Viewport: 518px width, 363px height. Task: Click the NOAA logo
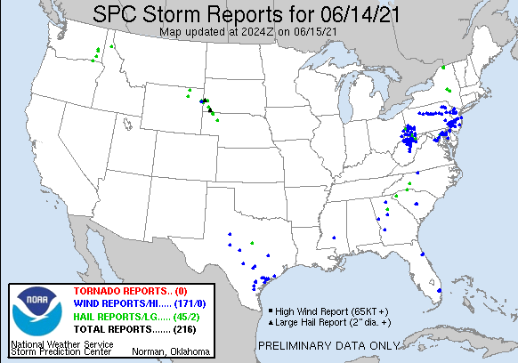(33, 311)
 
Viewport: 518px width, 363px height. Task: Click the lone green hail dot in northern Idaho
(112, 46)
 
